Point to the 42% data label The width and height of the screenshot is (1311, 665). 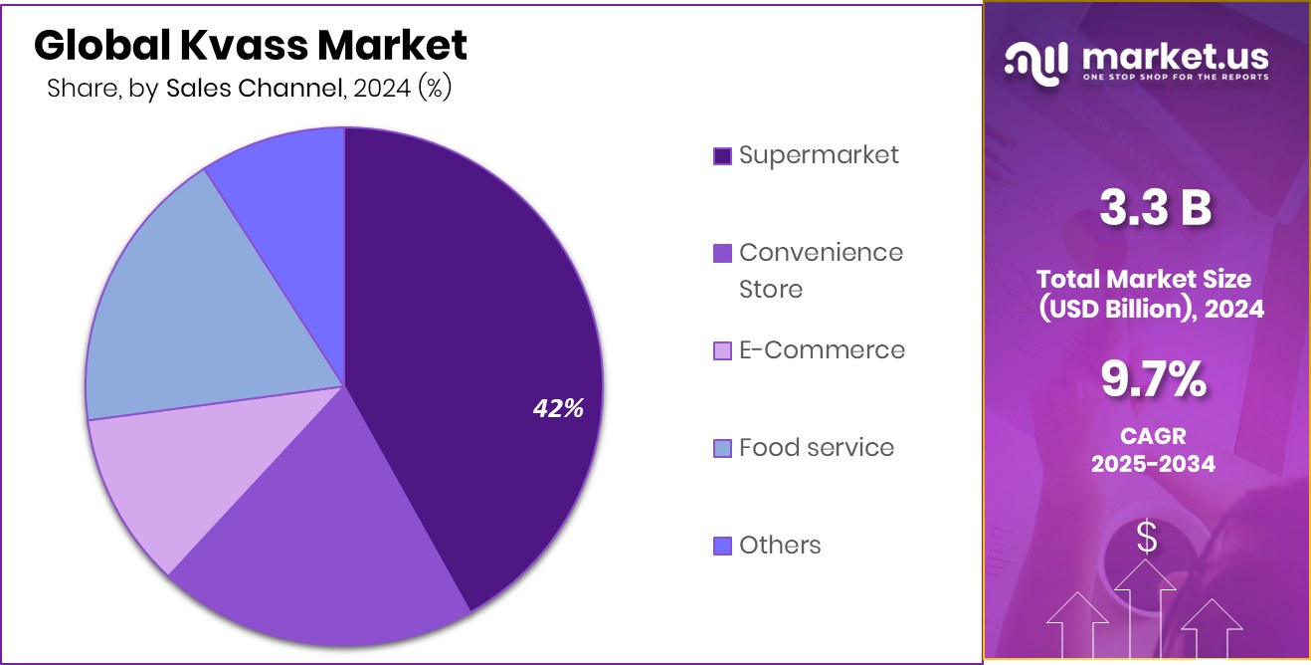coord(557,408)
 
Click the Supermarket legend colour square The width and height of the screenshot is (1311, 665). coord(723,155)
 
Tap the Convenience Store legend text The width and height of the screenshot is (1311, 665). coord(821,270)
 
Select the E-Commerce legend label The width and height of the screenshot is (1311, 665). coord(822,350)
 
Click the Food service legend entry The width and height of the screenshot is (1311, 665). coord(816,448)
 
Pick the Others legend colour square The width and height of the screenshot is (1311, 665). coord(723,546)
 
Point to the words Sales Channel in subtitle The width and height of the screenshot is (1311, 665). coord(252,88)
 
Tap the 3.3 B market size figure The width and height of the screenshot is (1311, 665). coord(1155,209)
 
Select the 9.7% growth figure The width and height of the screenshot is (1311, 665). coord(1153,379)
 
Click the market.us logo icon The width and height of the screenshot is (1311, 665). coord(1035,62)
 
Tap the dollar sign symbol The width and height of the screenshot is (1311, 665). coord(1147,539)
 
